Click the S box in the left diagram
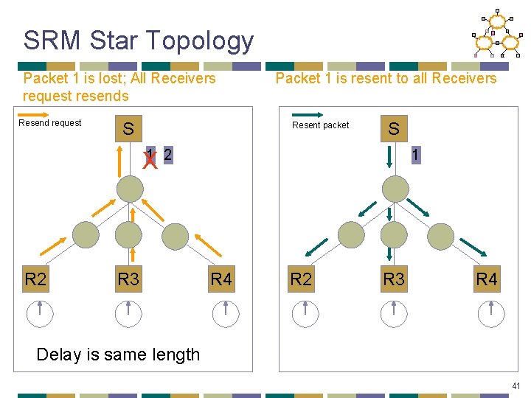click(128, 130)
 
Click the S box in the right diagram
click(394, 130)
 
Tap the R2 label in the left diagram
click(35, 279)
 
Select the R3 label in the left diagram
click(128, 279)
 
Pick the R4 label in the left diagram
click(221, 279)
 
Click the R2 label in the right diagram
click(301, 279)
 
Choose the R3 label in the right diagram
click(394, 279)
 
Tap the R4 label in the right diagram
click(487, 279)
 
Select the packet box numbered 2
click(168, 155)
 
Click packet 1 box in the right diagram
click(417, 155)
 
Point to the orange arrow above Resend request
click(49, 114)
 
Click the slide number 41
click(516, 385)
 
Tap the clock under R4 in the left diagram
click(225, 313)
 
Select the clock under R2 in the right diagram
click(305, 313)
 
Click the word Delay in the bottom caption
click(59, 355)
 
